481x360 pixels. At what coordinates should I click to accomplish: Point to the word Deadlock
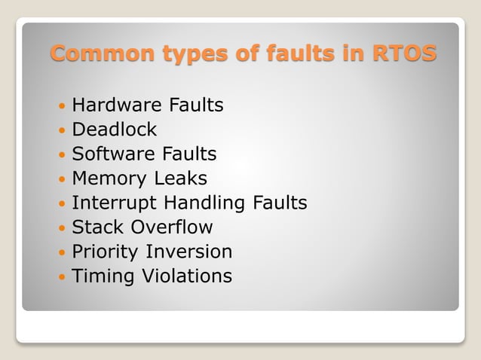tap(114, 130)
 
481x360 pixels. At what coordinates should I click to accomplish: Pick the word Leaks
tap(182, 178)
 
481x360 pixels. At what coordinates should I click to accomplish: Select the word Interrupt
tap(115, 203)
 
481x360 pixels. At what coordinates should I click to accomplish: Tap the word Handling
tap(204, 203)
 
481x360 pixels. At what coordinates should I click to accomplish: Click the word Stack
tap(95, 227)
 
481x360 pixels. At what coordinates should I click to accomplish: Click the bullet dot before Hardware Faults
tap(61, 106)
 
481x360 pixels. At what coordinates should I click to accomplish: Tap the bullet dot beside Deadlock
tap(61, 130)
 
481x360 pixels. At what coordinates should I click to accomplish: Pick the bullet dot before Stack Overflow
tap(61, 227)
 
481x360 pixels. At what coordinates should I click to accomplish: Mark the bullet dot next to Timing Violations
tap(61, 276)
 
